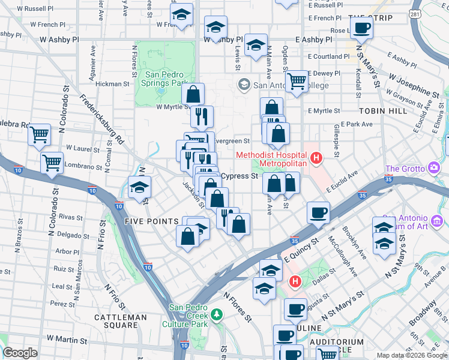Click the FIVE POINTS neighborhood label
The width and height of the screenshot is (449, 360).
[x=151, y=221]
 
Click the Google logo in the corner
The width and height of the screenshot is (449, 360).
[x=20, y=353]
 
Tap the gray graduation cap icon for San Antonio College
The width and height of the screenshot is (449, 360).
[x=244, y=85]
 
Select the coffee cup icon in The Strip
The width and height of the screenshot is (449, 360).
[x=362, y=28]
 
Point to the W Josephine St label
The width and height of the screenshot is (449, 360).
[x=413, y=85]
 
